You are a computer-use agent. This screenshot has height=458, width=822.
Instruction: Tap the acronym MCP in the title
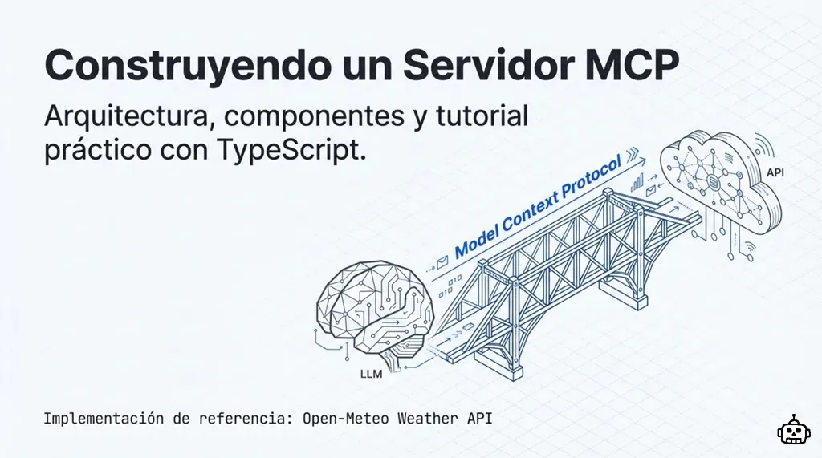click(633, 64)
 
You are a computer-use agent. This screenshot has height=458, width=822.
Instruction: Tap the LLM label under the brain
click(372, 372)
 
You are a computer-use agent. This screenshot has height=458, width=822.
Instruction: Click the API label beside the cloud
click(775, 172)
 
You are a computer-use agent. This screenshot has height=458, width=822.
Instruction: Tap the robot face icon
click(794, 431)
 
